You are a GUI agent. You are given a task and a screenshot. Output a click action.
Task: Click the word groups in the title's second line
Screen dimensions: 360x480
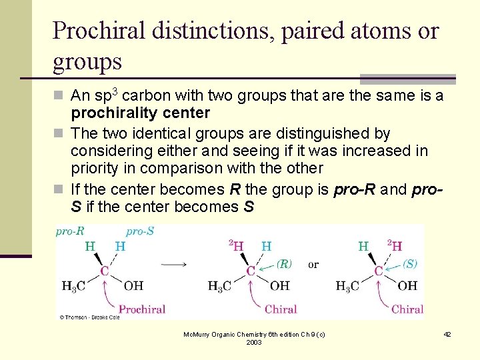(x=87, y=61)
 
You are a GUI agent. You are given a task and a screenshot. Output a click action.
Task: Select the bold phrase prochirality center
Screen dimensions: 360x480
(x=140, y=113)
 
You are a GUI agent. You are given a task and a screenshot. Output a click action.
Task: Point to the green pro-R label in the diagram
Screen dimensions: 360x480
(x=70, y=231)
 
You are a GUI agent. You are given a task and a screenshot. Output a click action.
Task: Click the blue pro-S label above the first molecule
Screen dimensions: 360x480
(x=140, y=231)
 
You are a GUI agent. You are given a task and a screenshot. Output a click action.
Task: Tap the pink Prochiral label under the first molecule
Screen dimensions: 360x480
(x=141, y=309)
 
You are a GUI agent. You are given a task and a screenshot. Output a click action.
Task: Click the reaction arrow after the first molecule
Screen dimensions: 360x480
(x=174, y=264)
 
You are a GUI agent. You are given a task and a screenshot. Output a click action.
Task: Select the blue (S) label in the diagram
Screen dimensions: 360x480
(x=409, y=263)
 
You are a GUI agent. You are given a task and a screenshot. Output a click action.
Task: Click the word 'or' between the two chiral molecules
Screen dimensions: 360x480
(x=313, y=264)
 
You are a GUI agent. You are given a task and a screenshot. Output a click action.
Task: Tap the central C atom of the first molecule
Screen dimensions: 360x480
(x=105, y=271)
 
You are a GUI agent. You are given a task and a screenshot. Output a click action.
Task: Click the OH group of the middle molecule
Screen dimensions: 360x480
(x=279, y=286)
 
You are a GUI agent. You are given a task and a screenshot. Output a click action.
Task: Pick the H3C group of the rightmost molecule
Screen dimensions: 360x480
(x=347, y=286)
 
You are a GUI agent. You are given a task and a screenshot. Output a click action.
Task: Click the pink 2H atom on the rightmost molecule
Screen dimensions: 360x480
(x=394, y=246)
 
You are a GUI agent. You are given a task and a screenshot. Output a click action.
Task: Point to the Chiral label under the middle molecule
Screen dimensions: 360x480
(x=281, y=309)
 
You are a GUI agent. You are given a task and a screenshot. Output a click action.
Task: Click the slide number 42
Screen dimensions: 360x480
(x=447, y=333)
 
